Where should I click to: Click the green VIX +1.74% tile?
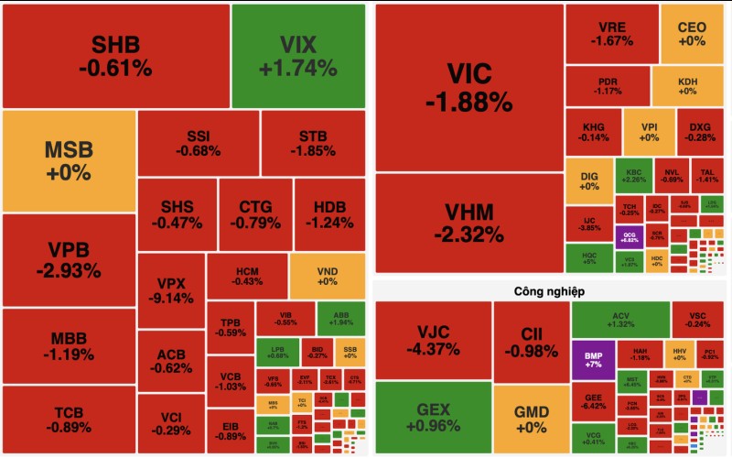(x=297, y=56)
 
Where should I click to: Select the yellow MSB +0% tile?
(x=69, y=161)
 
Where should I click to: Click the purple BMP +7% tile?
(x=592, y=358)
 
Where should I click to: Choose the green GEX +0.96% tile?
(x=432, y=417)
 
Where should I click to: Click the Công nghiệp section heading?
(x=550, y=290)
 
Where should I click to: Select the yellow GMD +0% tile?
(x=531, y=418)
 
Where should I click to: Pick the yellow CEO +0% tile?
(x=692, y=34)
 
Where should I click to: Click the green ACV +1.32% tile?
(x=620, y=319)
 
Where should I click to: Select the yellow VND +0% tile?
(x=327, y=276)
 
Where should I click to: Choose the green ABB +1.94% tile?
(x=339, y=319)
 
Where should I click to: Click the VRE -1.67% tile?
(x=608, y=34)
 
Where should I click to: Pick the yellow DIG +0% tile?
(x=588, y=180)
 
